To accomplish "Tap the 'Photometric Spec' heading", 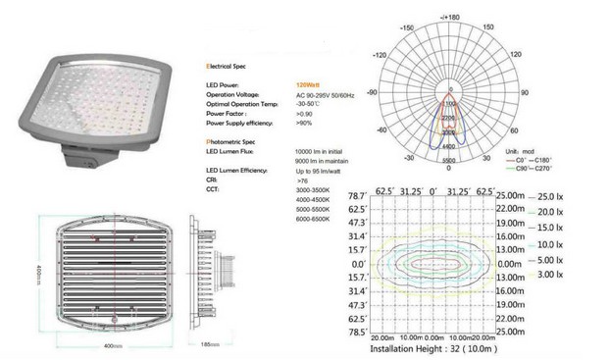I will [232, 143].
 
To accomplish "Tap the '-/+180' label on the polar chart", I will [450, 17].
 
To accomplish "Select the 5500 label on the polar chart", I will [450, 160].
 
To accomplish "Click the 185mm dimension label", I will [210, 345].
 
